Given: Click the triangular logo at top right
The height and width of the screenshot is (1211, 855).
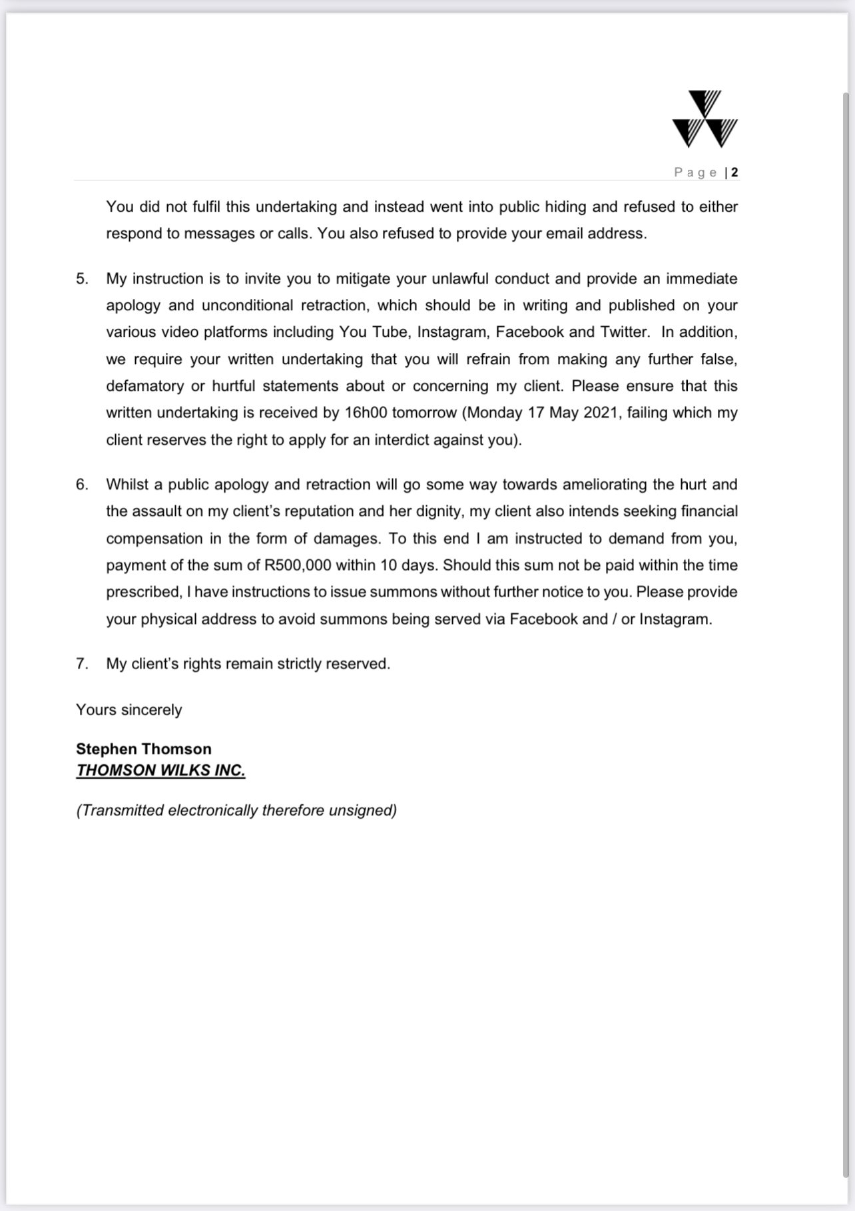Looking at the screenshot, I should coord(705,119).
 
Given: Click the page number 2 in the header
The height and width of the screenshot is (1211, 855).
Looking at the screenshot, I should coord(734,172).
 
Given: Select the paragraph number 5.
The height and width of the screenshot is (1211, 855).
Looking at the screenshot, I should coord(82,279).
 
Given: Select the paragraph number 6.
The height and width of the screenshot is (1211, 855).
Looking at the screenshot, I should coord(82,485).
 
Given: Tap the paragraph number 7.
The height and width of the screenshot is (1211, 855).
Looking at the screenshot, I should coord(82,664).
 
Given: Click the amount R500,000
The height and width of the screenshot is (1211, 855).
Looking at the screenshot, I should coord(298,565).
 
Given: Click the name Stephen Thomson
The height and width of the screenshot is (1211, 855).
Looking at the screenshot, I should coord(144,749).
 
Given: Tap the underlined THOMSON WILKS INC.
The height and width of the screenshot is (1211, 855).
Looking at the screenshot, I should coord(160,770).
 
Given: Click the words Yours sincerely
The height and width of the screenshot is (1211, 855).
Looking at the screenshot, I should coord(129,710).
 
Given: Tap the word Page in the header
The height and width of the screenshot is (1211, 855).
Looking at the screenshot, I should coord(695,172).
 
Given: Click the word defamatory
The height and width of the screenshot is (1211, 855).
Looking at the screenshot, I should coord(144,386).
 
